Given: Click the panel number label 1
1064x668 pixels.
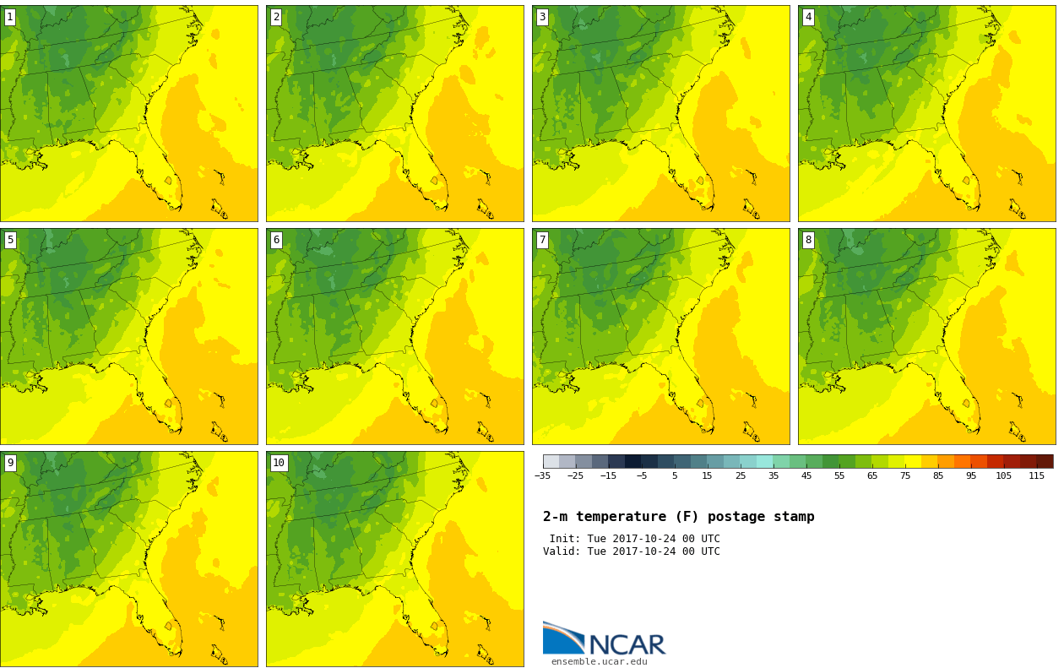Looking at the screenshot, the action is (x=10, y=18).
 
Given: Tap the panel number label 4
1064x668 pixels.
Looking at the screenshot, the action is (x=808, y=18).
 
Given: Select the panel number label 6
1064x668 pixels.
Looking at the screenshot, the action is (x=276, y=241).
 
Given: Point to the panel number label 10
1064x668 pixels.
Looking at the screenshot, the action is (x=279, y=463).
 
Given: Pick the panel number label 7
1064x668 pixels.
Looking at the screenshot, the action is (x=542, y=241).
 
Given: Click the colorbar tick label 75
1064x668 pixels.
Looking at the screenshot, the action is (x=905, y=476).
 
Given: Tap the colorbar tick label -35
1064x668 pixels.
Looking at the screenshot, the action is (x=542, y=476).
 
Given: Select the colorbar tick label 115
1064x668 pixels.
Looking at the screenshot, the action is (x=1037, y=476).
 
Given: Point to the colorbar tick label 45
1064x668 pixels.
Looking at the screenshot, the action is (x=806, y=476).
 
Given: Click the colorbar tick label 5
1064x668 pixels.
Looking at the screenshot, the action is (x=675, y=476).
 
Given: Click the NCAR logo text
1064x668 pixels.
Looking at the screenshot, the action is (x=627, y=644).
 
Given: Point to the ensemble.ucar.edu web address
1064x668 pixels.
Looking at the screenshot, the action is (x=600, y=661).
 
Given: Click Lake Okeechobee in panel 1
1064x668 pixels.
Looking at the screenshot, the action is (x=168, y=181).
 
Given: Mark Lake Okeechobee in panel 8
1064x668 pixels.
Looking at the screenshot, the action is (x=966, y=404).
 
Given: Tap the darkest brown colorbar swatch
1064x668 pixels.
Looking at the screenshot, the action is (x=1045, y=461).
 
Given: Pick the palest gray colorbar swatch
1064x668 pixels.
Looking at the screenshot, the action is (x=551, y=461).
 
